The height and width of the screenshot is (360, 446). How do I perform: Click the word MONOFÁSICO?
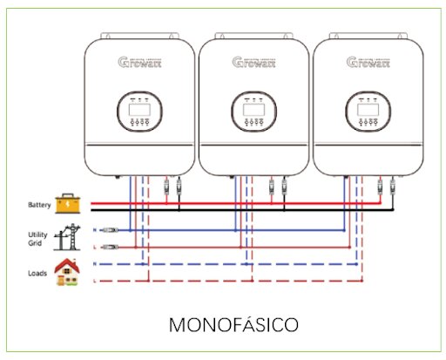coord(234,324)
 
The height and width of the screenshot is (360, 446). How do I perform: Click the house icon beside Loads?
coord(65,272)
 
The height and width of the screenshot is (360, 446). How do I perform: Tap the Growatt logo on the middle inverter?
coord(253,63)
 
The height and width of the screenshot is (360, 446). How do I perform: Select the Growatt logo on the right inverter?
coord(368,63)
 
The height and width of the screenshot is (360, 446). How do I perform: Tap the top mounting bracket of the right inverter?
coord(367,37)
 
